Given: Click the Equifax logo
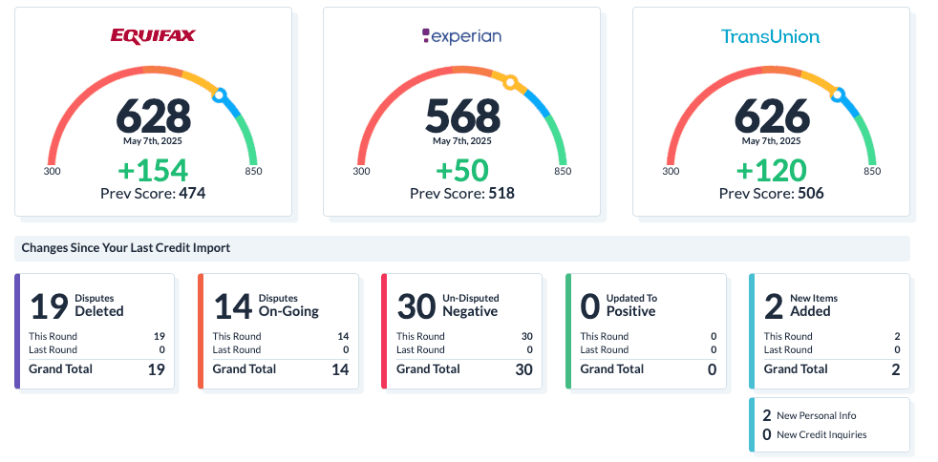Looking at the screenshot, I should pyautogui.click(x=153, y=36).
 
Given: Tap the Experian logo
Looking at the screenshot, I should pyautogui.click(x=461, y=36).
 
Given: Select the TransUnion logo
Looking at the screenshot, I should pyautogui.click(x=771, y=36).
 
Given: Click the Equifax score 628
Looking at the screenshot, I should pyautogui.click(x=153, y=116).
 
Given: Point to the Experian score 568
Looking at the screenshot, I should pyautogui.click(x=462, y=116).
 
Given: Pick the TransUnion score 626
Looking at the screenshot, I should pyautogui.click(x=772, y=116).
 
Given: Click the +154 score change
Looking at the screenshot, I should pyautogui.click(x=153, y=170).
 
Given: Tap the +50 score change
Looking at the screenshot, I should pyautogui.click(x=462, y=170).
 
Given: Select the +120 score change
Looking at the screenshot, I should pyautogui.click(x=772, y=170).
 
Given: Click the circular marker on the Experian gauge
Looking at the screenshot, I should pyautogui.click(x=511, y=82).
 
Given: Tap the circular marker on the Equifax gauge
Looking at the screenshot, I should pyautogui.click(x=220, y=94).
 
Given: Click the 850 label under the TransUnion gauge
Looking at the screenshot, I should pyautogui.click(x=872, y=172).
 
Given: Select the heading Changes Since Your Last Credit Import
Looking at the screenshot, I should pyautogui.click(x=126, y=248).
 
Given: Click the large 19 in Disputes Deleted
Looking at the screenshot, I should pyautogui.click(x=48, y=306).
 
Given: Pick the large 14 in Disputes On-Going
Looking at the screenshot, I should pyautogui.click(x=232, y=306).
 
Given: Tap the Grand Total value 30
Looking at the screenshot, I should pyautogui.click(x=523, y=370).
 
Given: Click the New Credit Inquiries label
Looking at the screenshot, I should pyautogui.click(x=821, y=435).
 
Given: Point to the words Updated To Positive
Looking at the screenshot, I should pyautogui.click(x=631, y=305).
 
